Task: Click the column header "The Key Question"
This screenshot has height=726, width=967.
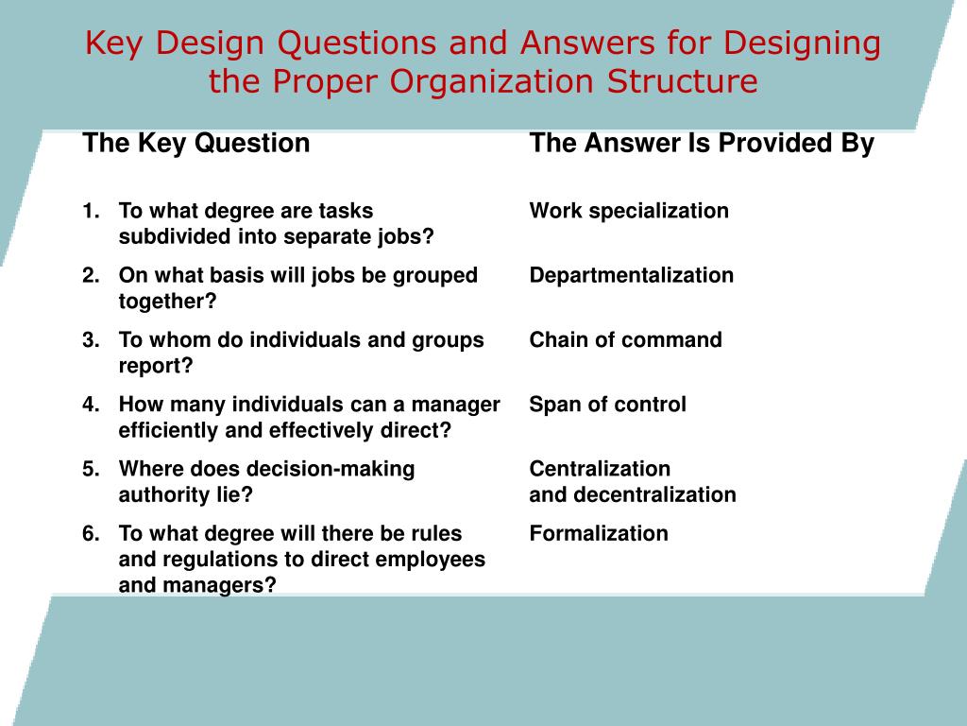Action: [x=196, y=144]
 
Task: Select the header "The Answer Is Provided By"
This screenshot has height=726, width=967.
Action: [x=702, y=144]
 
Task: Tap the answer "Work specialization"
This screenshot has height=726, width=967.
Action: [x=629, y=211]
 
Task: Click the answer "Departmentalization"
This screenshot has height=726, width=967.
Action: [x=631, y=275]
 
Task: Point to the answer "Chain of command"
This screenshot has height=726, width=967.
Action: [x=625, y=339]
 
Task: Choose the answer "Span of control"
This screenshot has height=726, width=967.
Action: [x=607, y=405]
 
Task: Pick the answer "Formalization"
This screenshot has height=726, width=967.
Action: [x=599, y=533]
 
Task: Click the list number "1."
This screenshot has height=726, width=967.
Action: [x=91, y=211]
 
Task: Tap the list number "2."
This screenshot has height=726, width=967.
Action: [x=91, y=275]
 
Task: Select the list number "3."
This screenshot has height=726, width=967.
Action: [x=91, y=339]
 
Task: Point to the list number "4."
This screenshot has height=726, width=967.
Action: [x=91, y=405]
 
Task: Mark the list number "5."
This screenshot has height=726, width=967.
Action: [x=91, y=469]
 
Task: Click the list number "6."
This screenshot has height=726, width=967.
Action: [x=91, y=533]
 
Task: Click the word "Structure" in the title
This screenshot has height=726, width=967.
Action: [x=683, y=81]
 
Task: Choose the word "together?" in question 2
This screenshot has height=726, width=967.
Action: [x=167, y=302]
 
